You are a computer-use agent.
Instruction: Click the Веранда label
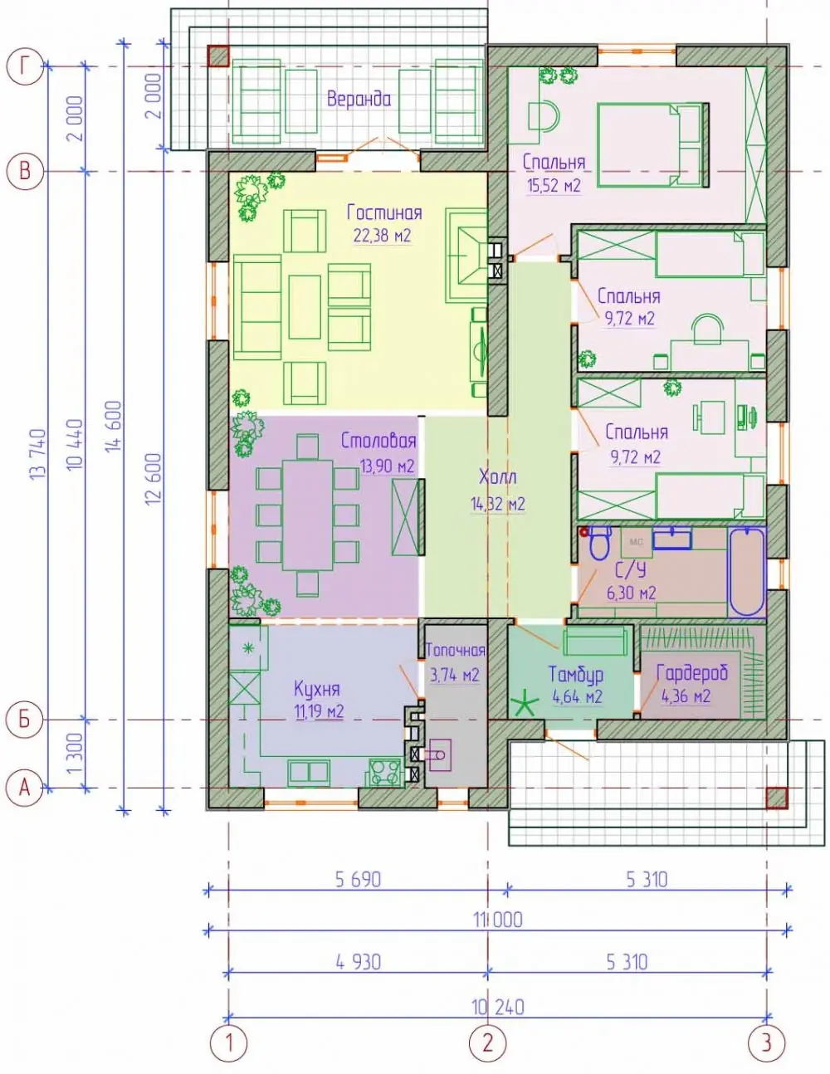pyautogui.click(x=359, y=99)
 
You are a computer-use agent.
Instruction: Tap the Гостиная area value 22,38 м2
pyautogui.click(x=382, y=235)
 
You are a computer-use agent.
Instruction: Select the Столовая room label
pyautogui.click(x=378, y=441)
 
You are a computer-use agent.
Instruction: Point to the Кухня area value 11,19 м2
pyautogui.click(x=320, y=712)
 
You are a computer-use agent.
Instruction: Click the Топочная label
pyautogui.click(x=455, y=650)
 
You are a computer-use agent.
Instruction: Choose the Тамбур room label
pyautogui.click(x=575, y=674)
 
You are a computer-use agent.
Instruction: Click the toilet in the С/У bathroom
pyautogui.click(x=600, y=543)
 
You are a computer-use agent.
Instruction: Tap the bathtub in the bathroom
pyautogui.click(x=746, y=571)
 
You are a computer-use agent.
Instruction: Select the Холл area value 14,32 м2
pyautogui.click(x=498, y=504)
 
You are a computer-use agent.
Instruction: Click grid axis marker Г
pyautogui.click(x=25, y=66)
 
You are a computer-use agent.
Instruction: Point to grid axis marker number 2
pyautogui.click(x=488, y=1042)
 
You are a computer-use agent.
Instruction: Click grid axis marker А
pyautogui.click(x=25, y=788)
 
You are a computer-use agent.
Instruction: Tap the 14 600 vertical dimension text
pyautogui.click(x=113, y=426)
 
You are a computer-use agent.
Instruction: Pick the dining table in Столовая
pyautogui.click(x=308, y=515)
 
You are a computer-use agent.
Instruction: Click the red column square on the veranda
pyautogui.click(x=217, y=56)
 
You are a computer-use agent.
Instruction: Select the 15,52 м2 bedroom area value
pyautogui.click(x=554, y=185)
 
